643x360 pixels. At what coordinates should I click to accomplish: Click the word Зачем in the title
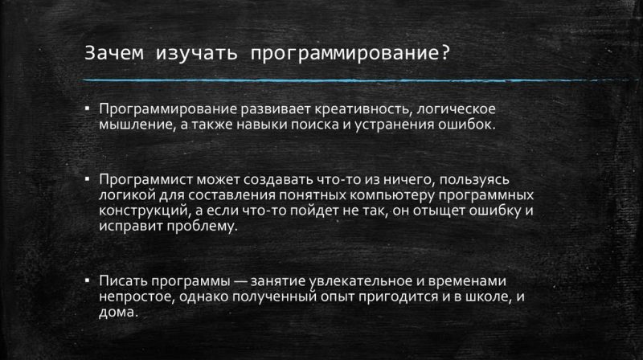[114, 53]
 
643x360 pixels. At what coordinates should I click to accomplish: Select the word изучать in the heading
[196, 54]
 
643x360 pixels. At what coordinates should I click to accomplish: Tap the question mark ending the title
[446, 53]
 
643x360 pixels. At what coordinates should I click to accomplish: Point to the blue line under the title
[355, 80]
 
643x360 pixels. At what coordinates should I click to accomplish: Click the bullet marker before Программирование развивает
[87, 108]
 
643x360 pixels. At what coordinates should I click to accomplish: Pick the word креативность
[359, 109]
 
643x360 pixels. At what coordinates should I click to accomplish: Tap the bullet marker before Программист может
[87, 179]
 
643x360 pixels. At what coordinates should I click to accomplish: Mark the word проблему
[203, 227]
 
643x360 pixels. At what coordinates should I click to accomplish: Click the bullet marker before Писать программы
[87, 281]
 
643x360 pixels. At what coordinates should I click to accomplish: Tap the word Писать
[123, 281]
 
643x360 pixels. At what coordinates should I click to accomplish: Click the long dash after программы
[240, 282]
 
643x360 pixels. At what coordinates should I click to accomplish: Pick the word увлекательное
[360, 281]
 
